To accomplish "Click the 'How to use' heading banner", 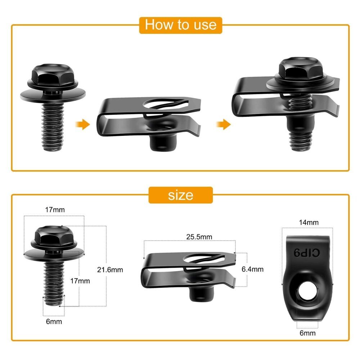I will point(180,24).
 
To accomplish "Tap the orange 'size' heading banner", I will point(180,195).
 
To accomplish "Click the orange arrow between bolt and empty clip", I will point(82,125).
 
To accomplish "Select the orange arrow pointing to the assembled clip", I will point(223,125).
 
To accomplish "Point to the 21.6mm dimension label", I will point(110,270).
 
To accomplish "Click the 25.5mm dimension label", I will point(199,237).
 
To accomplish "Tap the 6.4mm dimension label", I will point(252,269).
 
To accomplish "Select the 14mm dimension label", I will point(309,222).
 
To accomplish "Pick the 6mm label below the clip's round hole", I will point(308,333).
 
